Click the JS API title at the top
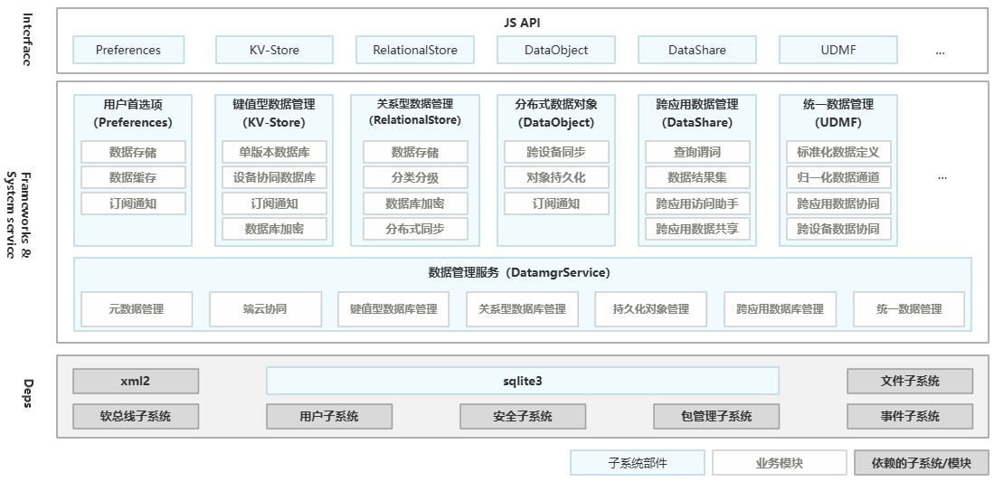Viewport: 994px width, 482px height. [522, 23]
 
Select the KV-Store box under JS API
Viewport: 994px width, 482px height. [274, 50]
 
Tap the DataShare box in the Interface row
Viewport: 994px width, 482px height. [696, 50]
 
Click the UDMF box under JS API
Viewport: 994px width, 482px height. [838, 50]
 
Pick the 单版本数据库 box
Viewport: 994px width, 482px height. [274, 152]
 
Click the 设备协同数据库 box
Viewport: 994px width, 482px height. [274, 177]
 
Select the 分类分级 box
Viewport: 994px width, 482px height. [415, 177]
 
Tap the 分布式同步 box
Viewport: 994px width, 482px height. [415, 229]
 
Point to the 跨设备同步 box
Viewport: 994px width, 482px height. [555, 152]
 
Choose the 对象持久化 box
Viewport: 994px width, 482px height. [555, 177]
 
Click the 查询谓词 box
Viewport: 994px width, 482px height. [697, 152]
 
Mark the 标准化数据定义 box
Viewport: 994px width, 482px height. [838, 152]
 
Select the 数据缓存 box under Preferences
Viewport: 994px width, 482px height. [133, 177]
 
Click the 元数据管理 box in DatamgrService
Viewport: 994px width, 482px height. [137, 308]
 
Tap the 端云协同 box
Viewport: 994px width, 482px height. [265, 308]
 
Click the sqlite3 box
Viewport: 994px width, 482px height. [522, 381]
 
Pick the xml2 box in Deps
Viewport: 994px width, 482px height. [135, 381]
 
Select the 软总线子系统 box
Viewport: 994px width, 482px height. [135, 416]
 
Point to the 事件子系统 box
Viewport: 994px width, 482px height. [910, 416]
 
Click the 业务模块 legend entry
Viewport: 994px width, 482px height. [779, 463]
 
